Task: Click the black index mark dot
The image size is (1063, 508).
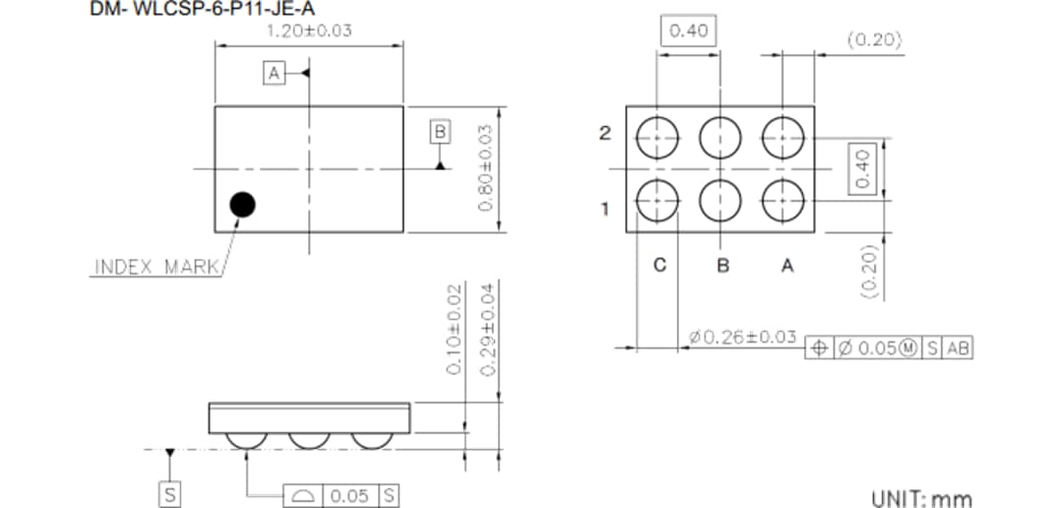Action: pyautogui.click(x=241, y=205)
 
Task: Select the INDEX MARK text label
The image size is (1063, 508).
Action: pyautogui.click(x=156, y=267)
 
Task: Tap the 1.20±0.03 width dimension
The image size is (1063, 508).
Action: pyautogui.click(x=309, y=31)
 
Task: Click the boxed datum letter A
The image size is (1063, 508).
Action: pyautogui.click(x=274, y=73)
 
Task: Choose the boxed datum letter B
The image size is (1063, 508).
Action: pyautogui.click(x=440, y=131)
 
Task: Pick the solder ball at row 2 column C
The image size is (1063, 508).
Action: pyautogui.click(x=657, y=138)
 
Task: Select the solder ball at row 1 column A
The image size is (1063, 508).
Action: pyautogui.click(x=784, y=201)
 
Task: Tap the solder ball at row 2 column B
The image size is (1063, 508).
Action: pyautogui.click(x=720, y=138)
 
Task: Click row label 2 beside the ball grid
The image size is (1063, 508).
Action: pyautogui.click(x=605, y=134)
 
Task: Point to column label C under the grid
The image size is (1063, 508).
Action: pyautogui.click(x=659, y=265)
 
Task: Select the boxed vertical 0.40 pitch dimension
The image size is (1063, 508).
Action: pyautogui.click(x=862, y=169)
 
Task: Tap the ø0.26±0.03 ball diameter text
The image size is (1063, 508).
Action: pyautogui.click(x=743, y=338)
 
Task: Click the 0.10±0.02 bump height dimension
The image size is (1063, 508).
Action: pyautogui.click(x=454, y=328)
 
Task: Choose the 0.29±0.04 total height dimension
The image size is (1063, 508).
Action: pyautogui.click(x=483, y=328)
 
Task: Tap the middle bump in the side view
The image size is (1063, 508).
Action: pyautogui.click(x=309, y=440)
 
